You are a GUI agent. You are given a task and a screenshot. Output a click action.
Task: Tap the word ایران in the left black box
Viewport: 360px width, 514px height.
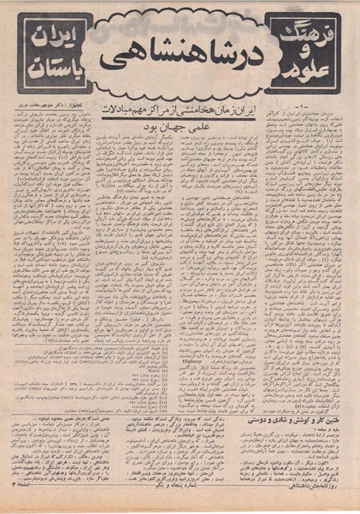pyautogui.click(x=46, y=38)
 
